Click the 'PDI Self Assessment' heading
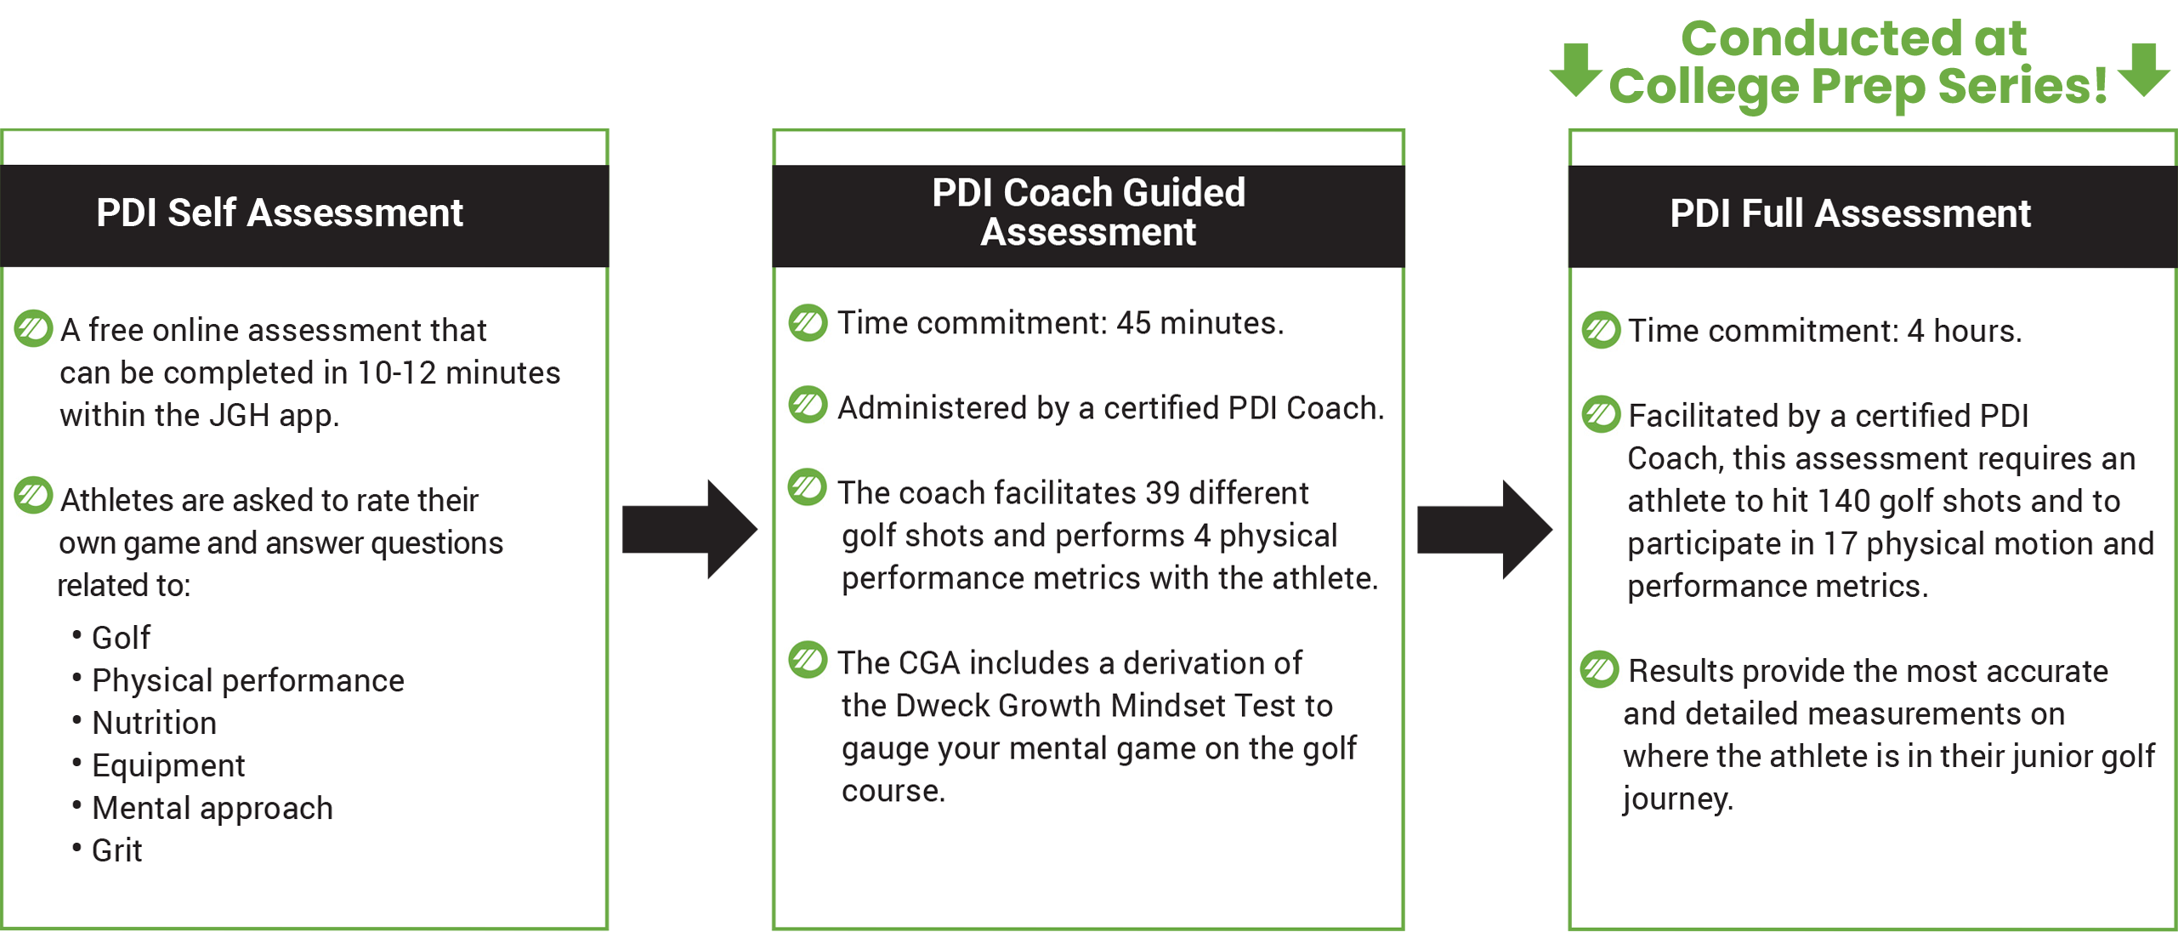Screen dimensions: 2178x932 (279, 213)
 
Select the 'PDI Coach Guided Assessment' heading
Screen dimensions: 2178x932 (1088, 213)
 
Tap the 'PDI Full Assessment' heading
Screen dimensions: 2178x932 (1850, 213)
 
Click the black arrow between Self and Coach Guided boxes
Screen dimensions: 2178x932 (689, 530)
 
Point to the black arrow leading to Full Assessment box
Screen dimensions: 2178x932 (1484, 530)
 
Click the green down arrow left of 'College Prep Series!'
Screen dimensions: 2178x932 (1576, 70)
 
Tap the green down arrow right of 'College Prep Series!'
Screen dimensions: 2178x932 (2144, 70)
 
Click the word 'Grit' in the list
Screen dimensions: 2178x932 (117, 850)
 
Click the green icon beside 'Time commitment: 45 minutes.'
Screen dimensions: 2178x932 (808, 323)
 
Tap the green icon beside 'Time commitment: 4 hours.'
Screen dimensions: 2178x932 (1601, 330)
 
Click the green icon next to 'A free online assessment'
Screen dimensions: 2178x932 (34, 328)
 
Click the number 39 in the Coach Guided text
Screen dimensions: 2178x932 (1162, 492)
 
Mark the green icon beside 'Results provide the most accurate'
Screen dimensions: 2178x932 (1600, 670)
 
